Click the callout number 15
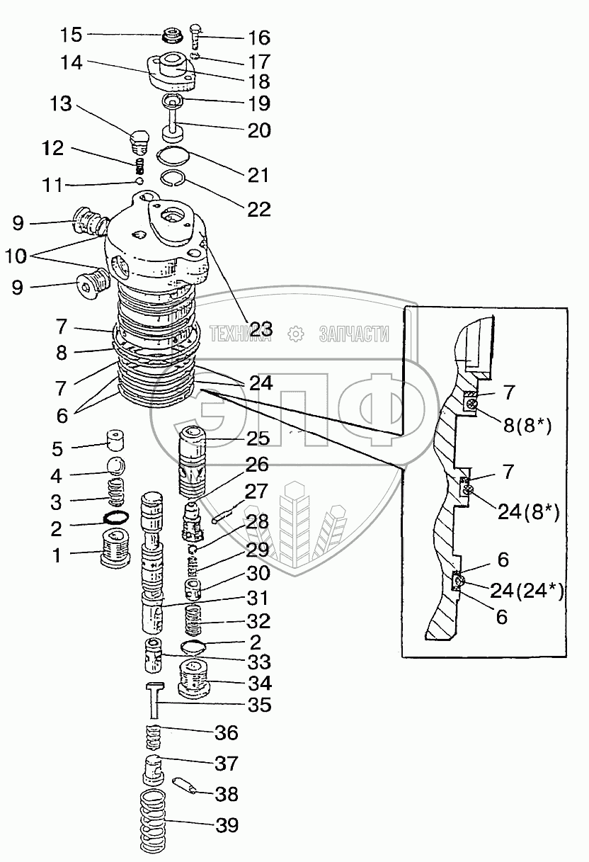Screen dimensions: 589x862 point(71,34)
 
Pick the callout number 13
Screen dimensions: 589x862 point(62,105)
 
